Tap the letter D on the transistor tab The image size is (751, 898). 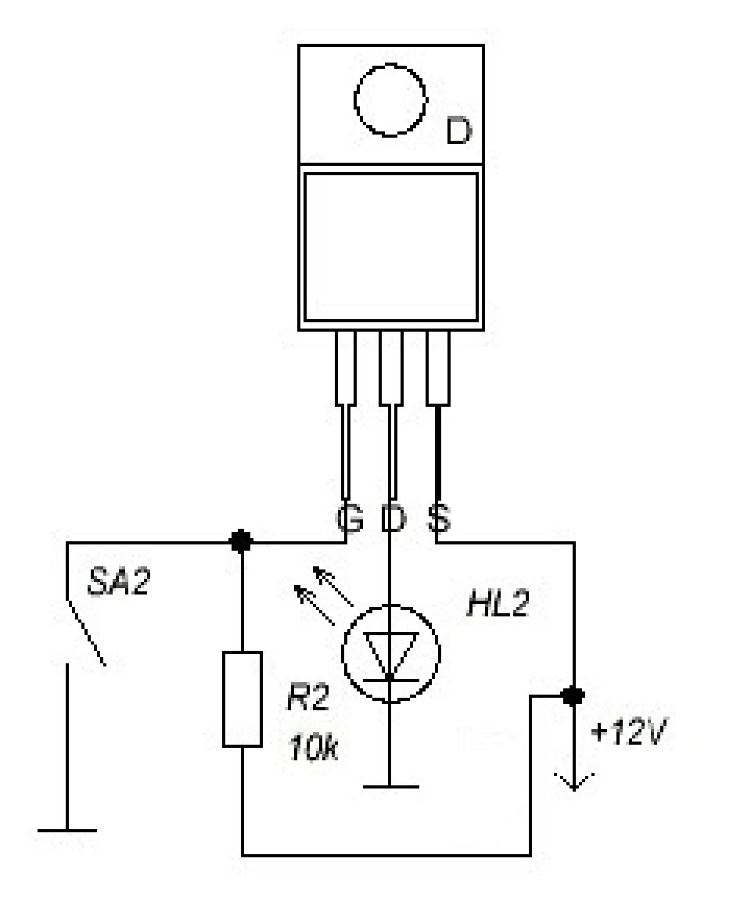(x=458, y=131)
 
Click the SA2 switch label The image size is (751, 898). (x=119, y=583)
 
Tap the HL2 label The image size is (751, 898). (x=498, y=604)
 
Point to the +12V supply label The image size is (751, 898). (x=629, y=732)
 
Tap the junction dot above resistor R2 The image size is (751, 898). (x=241, y=541)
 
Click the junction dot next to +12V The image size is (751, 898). (x=573, y=696)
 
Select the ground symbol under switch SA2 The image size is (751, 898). (x=67, y=830)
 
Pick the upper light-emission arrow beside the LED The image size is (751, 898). (x=332, y=586)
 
